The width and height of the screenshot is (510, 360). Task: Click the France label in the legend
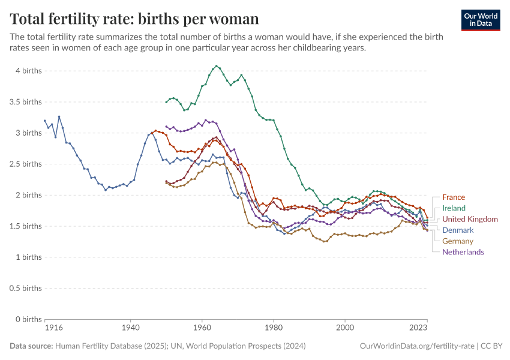tap(453, 197)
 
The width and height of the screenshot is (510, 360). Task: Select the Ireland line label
tap(453, 208)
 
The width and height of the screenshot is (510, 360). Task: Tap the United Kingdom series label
tap(470, 219)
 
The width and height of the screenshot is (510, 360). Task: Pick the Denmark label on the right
tap(458, 230)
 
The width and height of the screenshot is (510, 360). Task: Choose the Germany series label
tap(458, 241)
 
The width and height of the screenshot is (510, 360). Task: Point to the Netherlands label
tap(463, 252)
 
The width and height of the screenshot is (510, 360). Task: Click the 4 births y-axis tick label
tap(28, 71)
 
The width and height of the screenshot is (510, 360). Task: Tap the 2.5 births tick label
tap(26, 164)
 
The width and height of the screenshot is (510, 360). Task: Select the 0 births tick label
tap(28, 319)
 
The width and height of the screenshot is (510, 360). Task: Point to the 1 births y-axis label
tap(29, 257)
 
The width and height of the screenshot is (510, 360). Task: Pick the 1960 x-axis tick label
tap(202, 329)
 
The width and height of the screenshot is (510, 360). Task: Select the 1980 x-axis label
tap(273, 329)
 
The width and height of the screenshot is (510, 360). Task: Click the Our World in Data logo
tap(481, 19)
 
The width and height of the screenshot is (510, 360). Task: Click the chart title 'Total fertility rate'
tap(134, 19)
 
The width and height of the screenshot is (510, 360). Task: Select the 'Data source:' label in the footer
tap(31, 346)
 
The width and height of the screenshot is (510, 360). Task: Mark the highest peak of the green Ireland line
tap(217, 66)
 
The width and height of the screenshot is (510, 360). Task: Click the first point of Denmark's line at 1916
tap(44, 120)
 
